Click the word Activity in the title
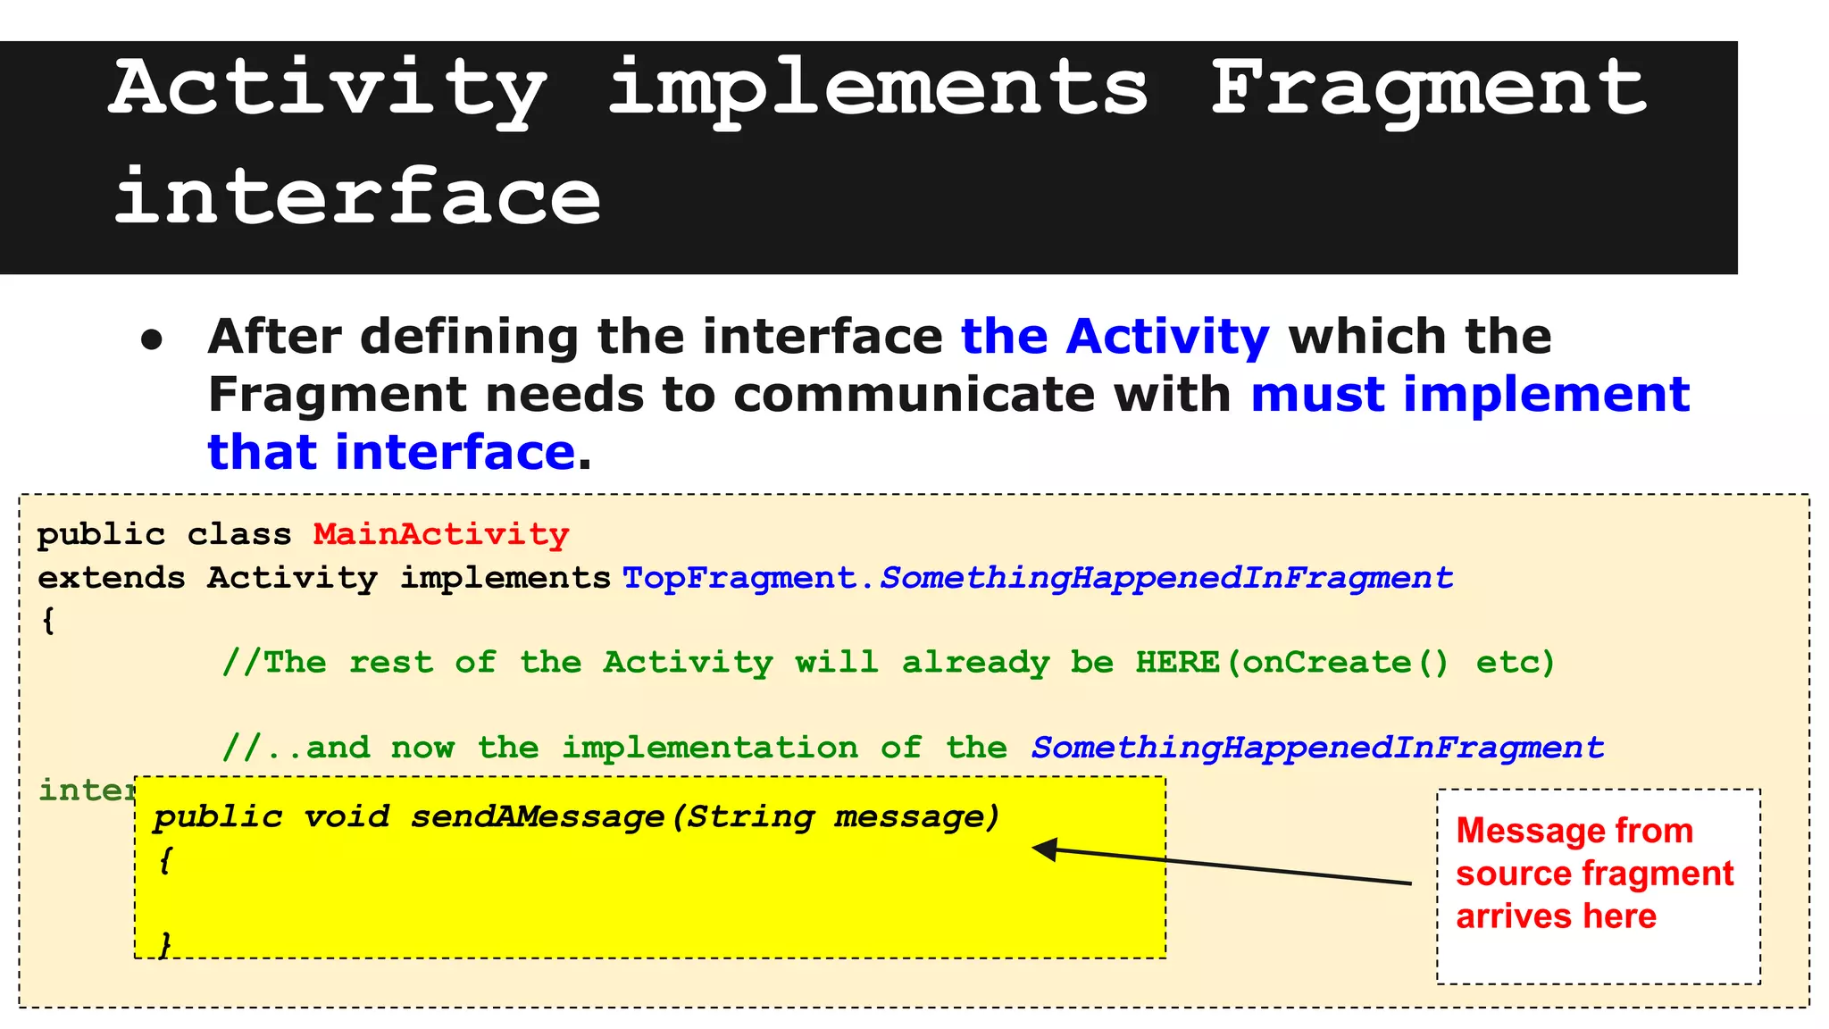[x=328, y=89]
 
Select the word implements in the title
[x=878, y=89]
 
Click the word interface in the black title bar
[x=357, y=197]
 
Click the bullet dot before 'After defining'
[x=153, y=340]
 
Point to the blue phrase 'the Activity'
[x=1115, y=337]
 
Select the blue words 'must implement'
[x=1470, y=394]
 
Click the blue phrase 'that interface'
[x=391, y=452]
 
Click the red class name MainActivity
[x=441, y=534]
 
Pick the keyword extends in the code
[x=111, y=578]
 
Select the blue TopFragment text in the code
[x=739, y=578]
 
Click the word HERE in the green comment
[x=1177, y=663]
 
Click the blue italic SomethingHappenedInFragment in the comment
[x=1317, y=748]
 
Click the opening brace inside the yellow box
[x=165, y=860]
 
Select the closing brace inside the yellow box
[x=165, y=943]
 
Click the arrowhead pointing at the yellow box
[x=1045, y=849]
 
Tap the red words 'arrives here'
[x=1556, y=916]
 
